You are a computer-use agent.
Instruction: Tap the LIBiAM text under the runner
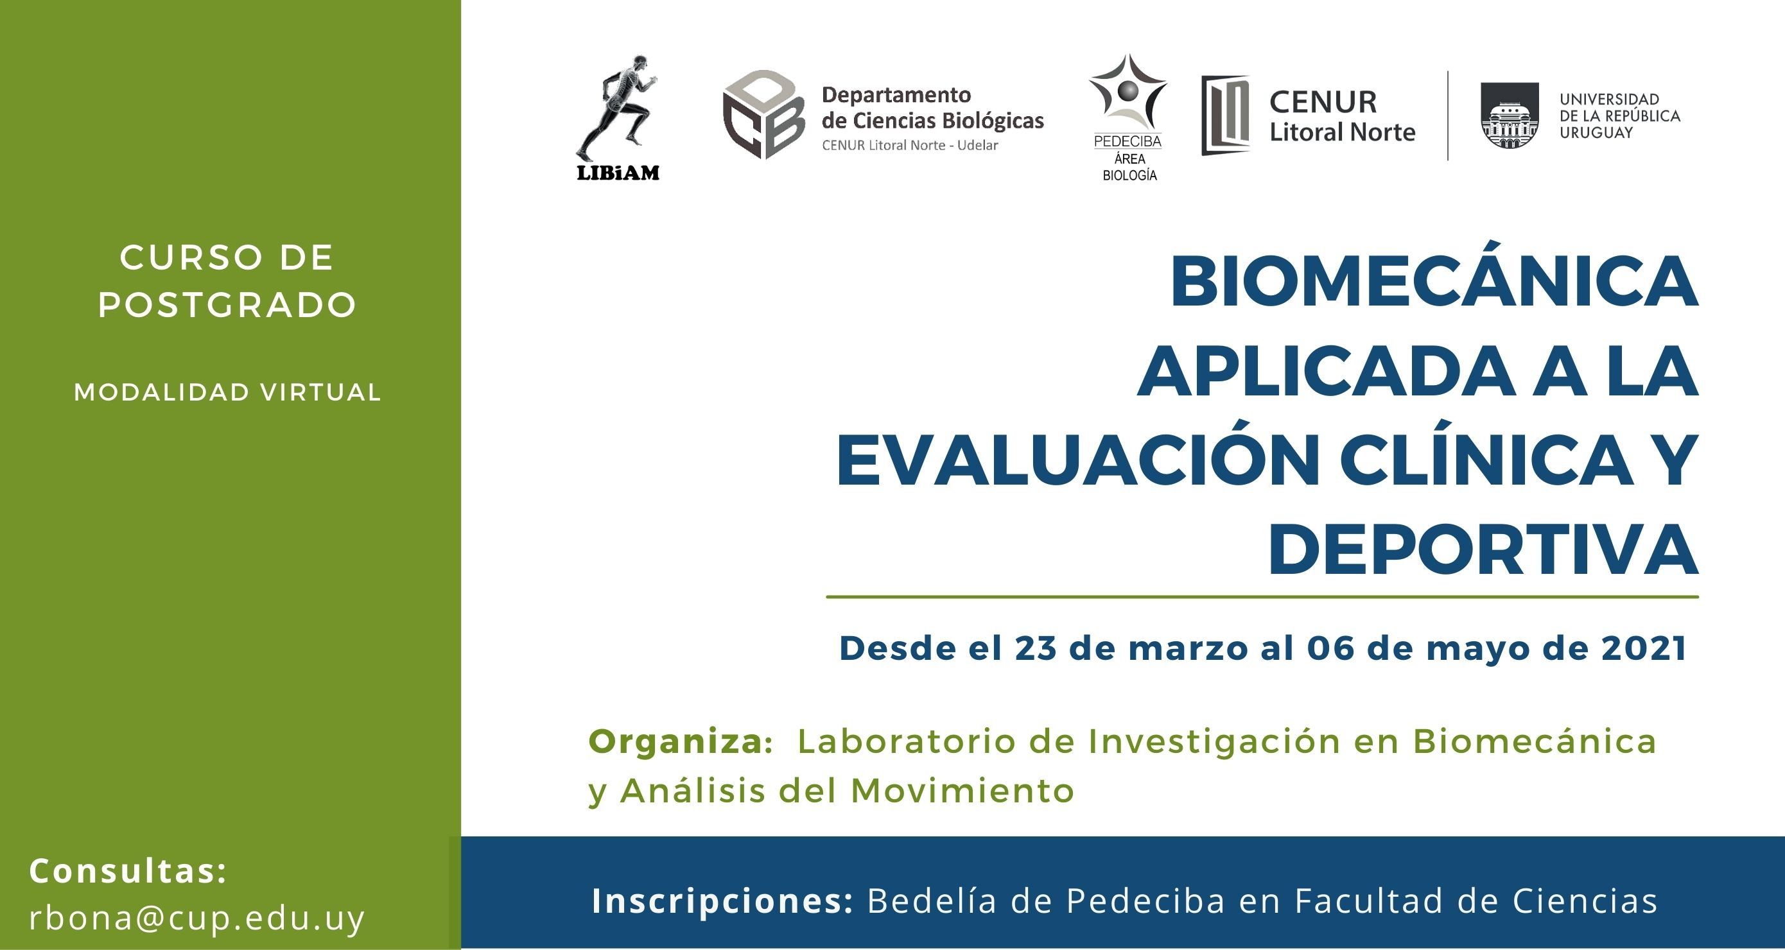(618, 173)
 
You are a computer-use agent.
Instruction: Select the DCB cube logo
(763, 114)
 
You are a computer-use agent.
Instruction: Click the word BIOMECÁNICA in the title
(1434, 282)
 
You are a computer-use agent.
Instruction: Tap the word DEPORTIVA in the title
(1483, 551)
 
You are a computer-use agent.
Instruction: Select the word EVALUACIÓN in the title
(1078, 462)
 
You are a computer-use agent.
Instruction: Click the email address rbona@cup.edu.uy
(196, 918)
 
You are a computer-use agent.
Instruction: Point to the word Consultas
(128, 871)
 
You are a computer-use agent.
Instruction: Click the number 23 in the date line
(1038, 648)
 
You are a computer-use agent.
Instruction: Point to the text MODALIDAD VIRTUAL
(227, 392)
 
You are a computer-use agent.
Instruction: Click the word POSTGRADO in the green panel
(227, 305)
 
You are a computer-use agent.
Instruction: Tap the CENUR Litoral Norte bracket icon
(1225, 115)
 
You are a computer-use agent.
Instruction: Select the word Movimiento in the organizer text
(962, 791)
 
